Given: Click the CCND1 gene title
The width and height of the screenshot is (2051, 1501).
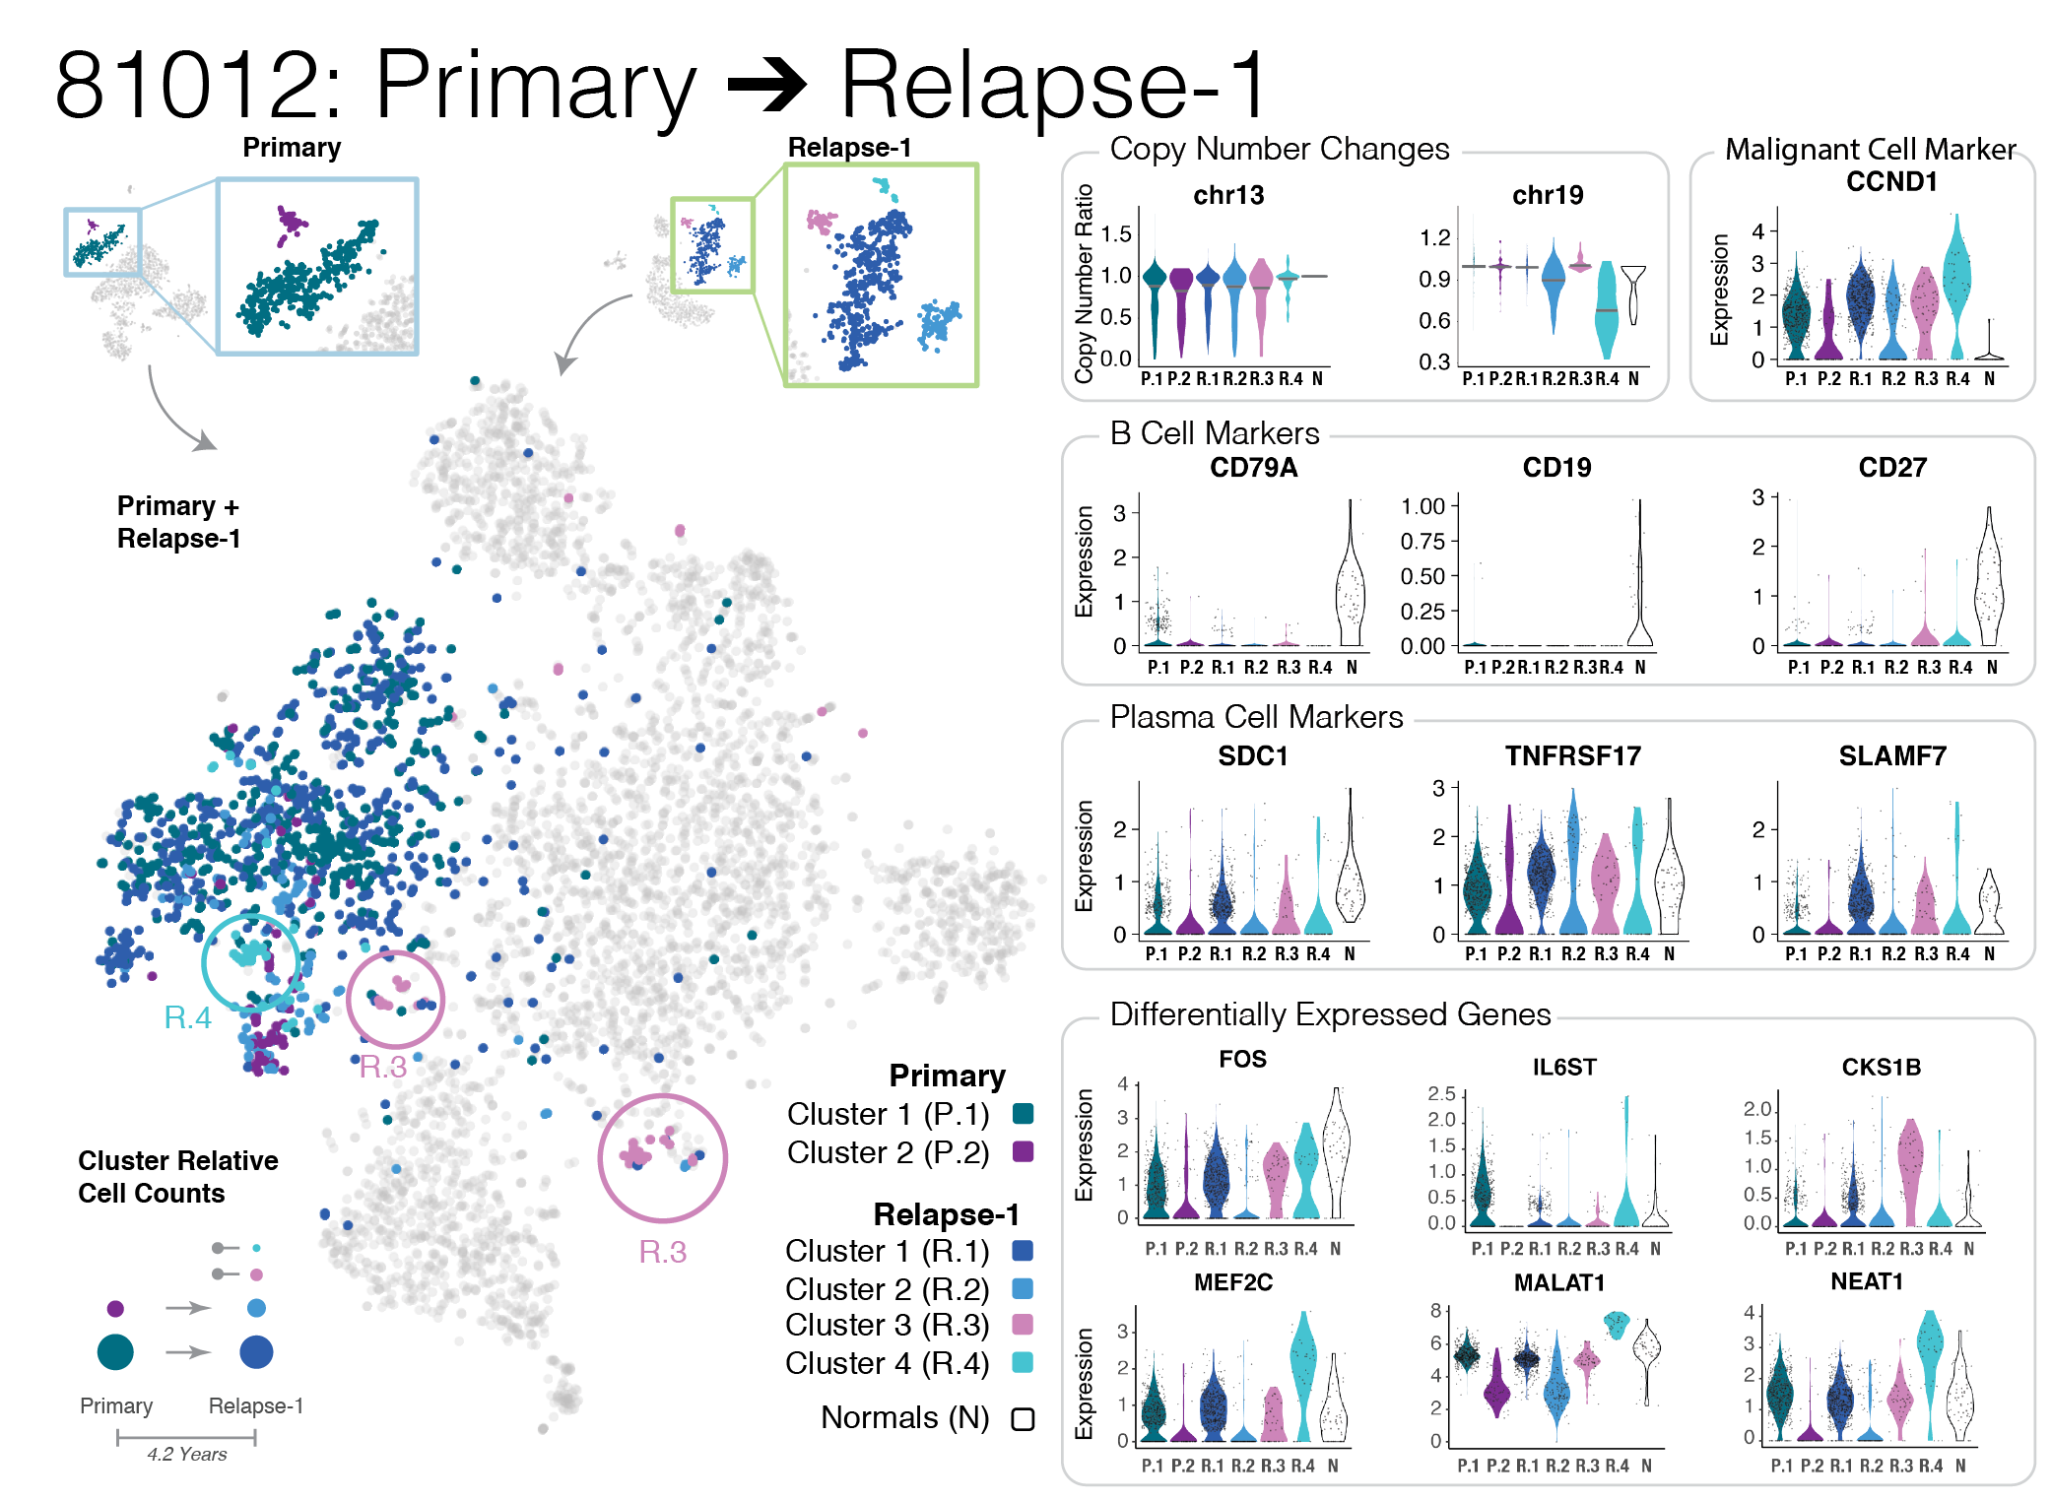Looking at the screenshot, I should [1890, 182].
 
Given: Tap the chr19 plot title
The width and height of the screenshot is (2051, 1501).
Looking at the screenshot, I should [1548, 195].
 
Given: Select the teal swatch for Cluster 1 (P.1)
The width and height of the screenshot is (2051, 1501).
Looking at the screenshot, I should [1024, 1114].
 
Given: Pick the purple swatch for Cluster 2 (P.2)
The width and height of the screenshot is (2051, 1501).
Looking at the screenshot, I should [1024, 1152].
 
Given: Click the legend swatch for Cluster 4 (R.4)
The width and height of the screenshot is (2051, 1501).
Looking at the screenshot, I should [1024, 1363].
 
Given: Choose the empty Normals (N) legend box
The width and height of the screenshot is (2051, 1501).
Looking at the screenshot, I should [1024, 1419].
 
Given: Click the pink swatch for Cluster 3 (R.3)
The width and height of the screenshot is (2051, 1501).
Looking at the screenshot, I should [1024, 1325].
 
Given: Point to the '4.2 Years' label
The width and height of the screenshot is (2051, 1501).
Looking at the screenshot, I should [187, 1455].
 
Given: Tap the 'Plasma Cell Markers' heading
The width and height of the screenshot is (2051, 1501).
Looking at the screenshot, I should [1256, 717].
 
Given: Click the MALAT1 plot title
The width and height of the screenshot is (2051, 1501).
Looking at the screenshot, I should [1559, 1282].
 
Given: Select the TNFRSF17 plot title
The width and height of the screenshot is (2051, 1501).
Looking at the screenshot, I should [1572, 756].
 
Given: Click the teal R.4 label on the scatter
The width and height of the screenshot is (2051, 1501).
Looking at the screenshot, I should [187, 1017].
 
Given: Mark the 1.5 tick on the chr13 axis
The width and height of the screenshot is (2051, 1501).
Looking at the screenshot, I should [1116, 234].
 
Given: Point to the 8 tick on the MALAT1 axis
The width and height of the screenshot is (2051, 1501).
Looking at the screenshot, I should [1436, 1311].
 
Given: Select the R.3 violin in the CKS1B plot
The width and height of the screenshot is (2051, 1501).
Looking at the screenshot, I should [1910, 1172].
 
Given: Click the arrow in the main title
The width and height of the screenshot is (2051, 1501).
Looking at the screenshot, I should [767, 85].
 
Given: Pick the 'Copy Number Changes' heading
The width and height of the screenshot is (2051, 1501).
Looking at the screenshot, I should [1279, 149].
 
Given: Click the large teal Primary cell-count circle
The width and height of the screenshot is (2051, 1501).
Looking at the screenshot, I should [115, 1351].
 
